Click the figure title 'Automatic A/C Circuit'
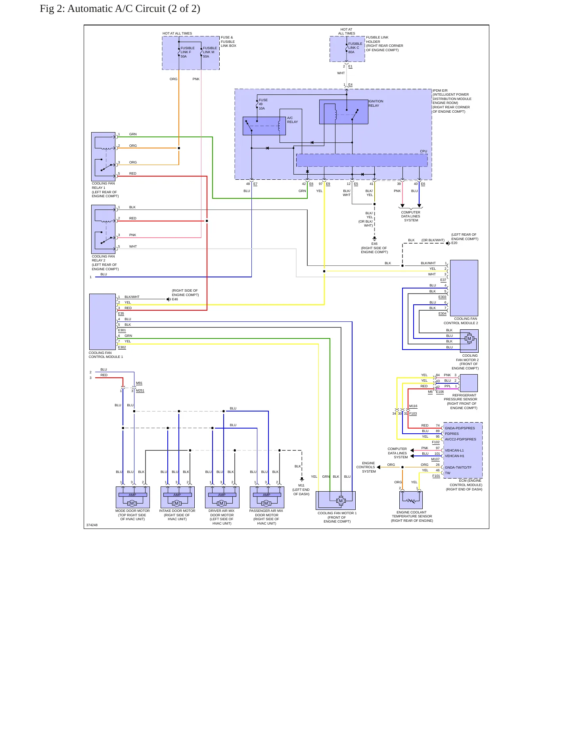(116, 9)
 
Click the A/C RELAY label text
(292, 120)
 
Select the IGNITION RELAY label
(376, 103)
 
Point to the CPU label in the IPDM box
(424, 151)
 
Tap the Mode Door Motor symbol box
(132, 497)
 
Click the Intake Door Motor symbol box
(177, 497)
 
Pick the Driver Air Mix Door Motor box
(222, 497)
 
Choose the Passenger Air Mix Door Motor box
(267, 497)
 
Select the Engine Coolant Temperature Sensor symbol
(411, 500)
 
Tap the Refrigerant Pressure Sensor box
(468, 383)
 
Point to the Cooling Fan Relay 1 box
(103, 157)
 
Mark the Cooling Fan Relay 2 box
(103, 229)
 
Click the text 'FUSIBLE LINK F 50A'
(188, 52)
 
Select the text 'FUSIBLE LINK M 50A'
(210, 52)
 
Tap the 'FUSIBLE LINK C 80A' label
(355, 48)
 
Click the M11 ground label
(301, 485)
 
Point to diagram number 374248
(92, 525)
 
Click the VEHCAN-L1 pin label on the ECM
(454, 450)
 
